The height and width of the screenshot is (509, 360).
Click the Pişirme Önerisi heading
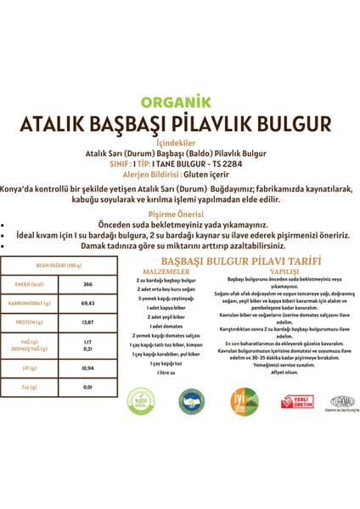(179, 216)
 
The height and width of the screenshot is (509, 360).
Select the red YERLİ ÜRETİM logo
(295, 400)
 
